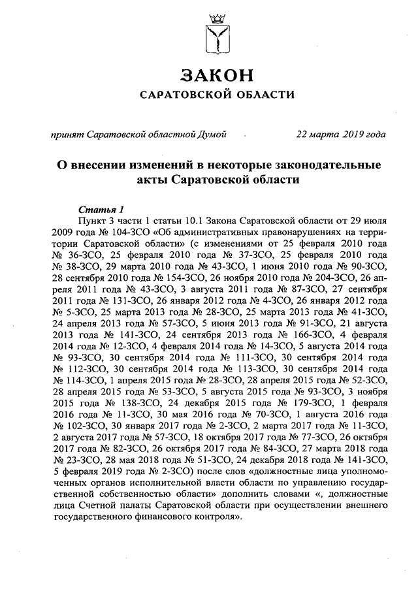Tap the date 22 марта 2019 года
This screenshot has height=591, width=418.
pos(340,135)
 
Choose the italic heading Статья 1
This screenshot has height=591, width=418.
pos(101,210)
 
